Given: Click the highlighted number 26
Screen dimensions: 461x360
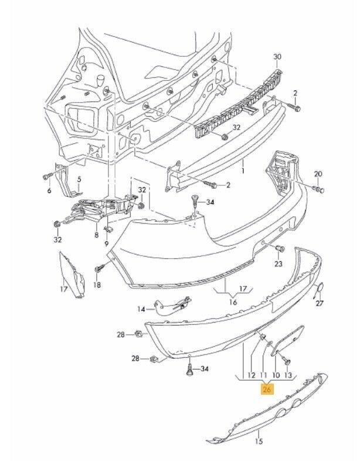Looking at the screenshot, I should pyautogui.click(x=267, y=389).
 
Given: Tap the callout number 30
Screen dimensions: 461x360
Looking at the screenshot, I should pyautogui.click(x=277, y=56).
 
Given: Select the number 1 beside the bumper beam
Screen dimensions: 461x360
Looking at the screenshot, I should pyautogui.click(x=242, y=172).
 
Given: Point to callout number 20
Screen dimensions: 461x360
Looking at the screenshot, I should pyautogui.click(x=318, y=174).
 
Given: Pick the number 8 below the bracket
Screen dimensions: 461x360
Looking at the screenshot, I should pyautogui.click(x=96, y=235).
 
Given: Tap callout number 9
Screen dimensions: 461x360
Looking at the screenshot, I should pyautogui.click(x=107, y=243).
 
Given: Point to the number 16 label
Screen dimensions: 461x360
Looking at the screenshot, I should pyautogui.click(x=233, y=303).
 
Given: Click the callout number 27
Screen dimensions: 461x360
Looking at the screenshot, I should pyautogui.click(x=320, y=304).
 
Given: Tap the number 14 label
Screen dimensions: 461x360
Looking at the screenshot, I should pyautogui.click(x=141, y=309).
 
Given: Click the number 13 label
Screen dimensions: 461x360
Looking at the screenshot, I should pyautogui.click(x=288, y=375).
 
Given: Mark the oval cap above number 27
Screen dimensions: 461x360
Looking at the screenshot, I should pyautogui.click(x=321, y=288).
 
